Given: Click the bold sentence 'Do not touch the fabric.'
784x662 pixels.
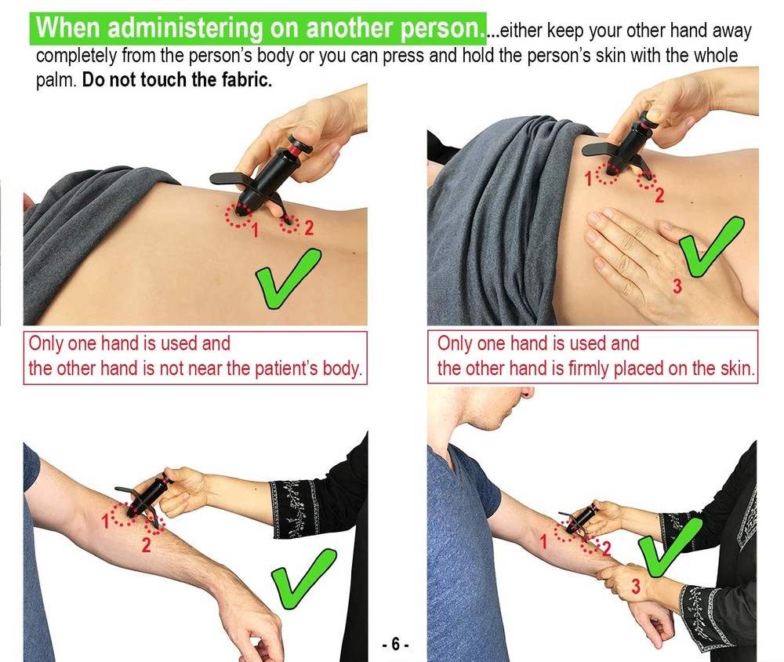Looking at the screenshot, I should pos(177,81).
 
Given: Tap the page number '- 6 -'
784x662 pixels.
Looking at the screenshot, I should pos(395,645).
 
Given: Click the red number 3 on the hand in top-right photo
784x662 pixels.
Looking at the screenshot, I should pos(677,286).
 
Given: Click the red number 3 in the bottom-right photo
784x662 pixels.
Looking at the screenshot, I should pos(636,586).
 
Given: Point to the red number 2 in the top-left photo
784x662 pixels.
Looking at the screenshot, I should pos(308,228).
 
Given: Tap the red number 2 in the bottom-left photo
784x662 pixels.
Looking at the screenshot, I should pos(146,546).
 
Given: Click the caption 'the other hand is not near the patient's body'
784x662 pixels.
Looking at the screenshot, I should pos(195,369).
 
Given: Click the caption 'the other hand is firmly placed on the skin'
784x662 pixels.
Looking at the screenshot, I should pos(596,369).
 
